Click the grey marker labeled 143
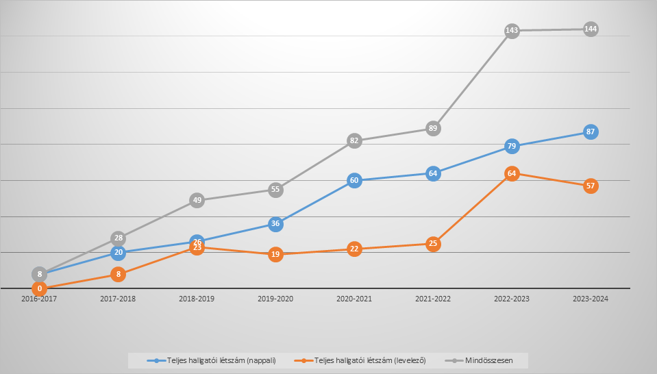pyautogui.click(x=512, y=31)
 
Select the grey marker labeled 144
pyautogui.click(x=591, y=29)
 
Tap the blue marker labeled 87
pyautogui.click(x=591, y=132)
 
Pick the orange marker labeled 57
pyautogui.click(x=591, y=186)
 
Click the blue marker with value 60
pyautogui.click(x=354, y=181)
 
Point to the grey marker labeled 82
pyautogui.click(x=354, y=140)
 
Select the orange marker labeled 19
pyautogui.click(x=275, y=254)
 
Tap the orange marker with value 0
pyautogui.click(x=40, y=288)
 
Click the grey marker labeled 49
pyautogui.click(x=197, y=200)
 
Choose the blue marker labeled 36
pyautogui.click(x=275, y=223)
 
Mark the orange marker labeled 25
pyautogui.click(x=433, y=243)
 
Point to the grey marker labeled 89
pyautogui.click(x=433, y=128)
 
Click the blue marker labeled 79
pyautogui.click(x=512, y=146)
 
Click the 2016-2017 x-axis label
pyautogui.click(x=40, y=299)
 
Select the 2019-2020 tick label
pyautogui.click(x=275, y=299)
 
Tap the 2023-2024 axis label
pyautogui.click(x=591, y=299)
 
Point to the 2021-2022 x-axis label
pyautogui.click(x=433, y=299)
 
